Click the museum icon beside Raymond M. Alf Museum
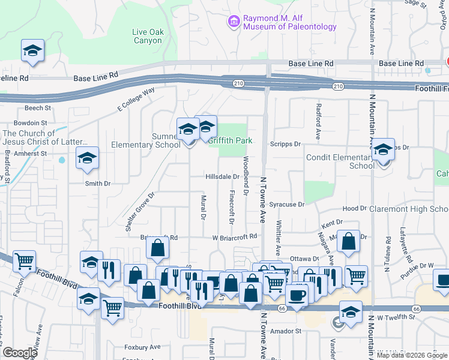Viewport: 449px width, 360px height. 234,22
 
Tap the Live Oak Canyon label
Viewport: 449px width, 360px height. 147,36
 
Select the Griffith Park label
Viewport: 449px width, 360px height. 229,140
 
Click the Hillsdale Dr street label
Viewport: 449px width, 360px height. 223,177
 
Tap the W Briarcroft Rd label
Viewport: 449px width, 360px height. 235,237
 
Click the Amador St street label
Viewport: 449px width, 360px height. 285,331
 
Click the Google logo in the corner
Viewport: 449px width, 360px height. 20,353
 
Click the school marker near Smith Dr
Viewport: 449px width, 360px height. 88,159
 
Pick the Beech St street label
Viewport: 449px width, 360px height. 37,109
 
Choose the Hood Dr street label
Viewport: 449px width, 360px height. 354,208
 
